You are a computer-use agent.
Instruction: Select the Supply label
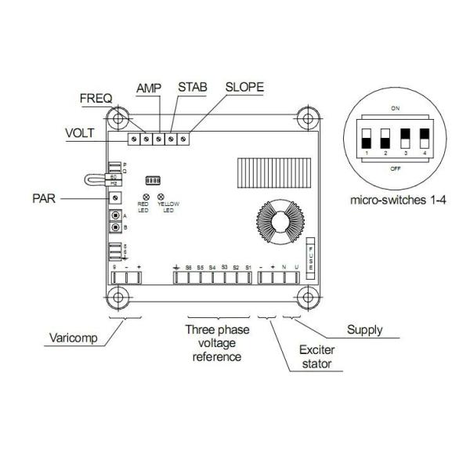(x=364, y=331)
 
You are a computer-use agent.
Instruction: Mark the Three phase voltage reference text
(x=217, y=342)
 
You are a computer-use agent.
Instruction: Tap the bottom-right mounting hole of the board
(x=307, y=298)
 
